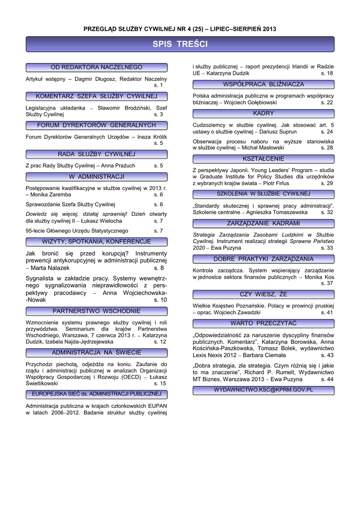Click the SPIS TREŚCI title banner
(180, 45)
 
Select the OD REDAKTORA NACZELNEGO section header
(96, 67)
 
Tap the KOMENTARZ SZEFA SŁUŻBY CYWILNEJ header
(96, 96)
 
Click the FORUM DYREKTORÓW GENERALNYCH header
(96, 125)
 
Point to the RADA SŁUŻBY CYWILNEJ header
(96, 154)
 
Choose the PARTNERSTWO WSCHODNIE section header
(96, 312)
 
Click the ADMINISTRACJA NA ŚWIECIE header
(96, 353)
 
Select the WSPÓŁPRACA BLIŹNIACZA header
(263, 84)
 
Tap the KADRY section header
(263, 114)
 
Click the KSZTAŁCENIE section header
(263, 159)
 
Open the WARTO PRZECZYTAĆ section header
(263, 323)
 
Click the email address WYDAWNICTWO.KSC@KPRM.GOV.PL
(263, 390)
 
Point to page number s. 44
(327, 380)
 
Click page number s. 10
(160, 300)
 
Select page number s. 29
(327, 184)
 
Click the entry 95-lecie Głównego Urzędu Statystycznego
(76, 231)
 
